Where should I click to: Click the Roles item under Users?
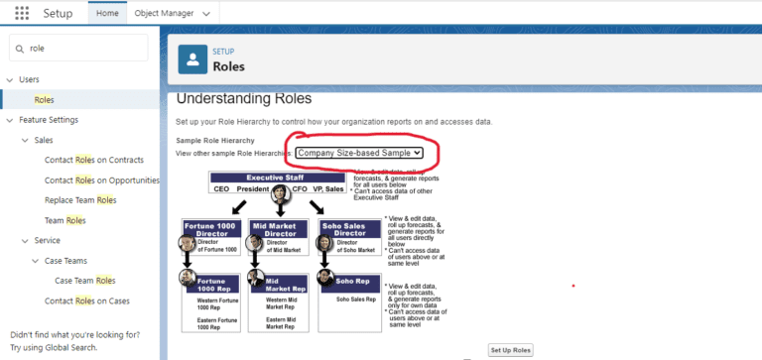(x=45, y=100)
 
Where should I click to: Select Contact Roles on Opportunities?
(x=102, y=180)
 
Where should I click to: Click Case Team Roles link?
(x=85, y=281)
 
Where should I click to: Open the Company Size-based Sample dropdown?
(x=359, y=153)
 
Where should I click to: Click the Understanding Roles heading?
(x=244, y=99)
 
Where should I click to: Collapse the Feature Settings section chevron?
(x=10, y=120)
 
